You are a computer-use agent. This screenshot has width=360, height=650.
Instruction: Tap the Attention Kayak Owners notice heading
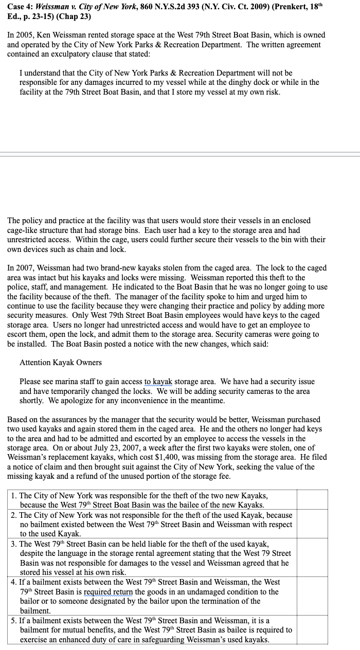(61, 363)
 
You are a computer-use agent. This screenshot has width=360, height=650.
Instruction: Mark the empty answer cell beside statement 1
(312, 500)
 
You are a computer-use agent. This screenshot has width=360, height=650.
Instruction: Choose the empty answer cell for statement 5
(312, 630)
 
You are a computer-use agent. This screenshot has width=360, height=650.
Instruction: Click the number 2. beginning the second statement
(14, 515)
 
